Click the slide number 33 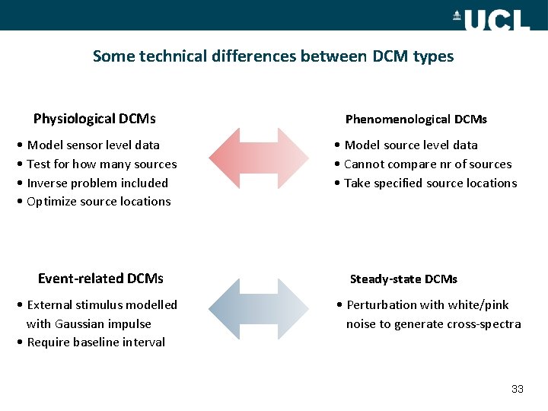point(518,389)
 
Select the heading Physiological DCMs point(94,119)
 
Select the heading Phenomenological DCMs point(416,119)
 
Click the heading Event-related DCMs point(100,279)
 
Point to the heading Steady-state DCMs point(403,279)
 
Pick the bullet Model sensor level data point(93,145)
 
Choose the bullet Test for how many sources point(101,164)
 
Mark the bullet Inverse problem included point(97,183)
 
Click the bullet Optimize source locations point(98,202)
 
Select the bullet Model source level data point(411,145)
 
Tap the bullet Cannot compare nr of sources point(428,164)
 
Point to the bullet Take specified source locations point(430,183)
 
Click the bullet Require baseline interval point(95,342)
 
